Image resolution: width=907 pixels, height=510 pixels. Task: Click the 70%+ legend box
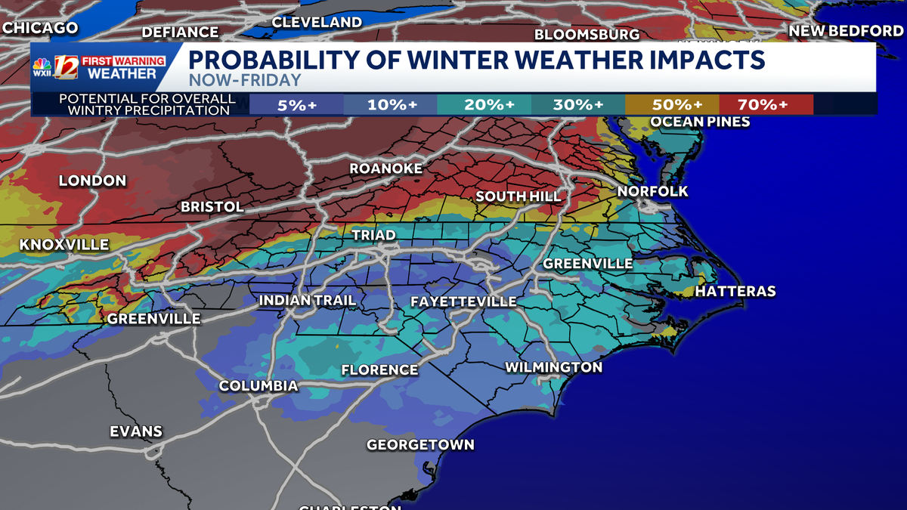coord(766,104)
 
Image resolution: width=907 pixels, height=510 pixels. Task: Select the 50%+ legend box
coord(672,104)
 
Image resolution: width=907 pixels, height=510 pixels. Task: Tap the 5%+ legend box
coord(296,104)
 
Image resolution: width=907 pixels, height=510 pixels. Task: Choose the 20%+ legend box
coord(484,104)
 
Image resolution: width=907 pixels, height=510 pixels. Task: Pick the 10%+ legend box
coord(391,104)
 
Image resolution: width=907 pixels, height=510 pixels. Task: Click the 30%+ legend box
coord(578,104)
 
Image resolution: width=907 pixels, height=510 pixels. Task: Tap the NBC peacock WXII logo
coord(42,69)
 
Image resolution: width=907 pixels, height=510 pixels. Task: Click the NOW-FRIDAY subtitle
coord(244,80)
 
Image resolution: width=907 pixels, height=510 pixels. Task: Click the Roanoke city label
coord(385,168)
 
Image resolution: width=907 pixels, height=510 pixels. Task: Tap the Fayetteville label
coord(463,301)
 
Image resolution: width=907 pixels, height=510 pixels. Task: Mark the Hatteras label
coord(735,291)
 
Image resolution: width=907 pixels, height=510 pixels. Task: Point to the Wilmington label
coord(553,367)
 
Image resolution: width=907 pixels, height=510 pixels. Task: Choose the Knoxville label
coord(64,245)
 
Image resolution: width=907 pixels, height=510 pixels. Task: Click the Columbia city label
coord(258,386)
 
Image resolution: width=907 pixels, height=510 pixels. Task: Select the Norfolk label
coord(652,191)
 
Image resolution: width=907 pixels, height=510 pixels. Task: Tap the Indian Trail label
coord(307,300)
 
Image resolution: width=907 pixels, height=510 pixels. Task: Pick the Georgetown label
coord(420,444)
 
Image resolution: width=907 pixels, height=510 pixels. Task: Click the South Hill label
coord(518,196)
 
